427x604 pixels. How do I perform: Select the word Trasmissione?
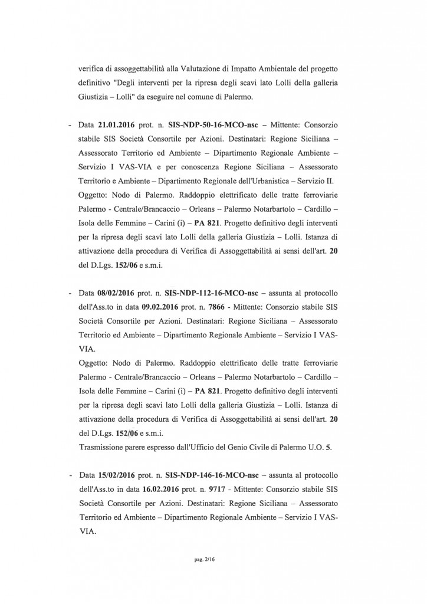(104, 447)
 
